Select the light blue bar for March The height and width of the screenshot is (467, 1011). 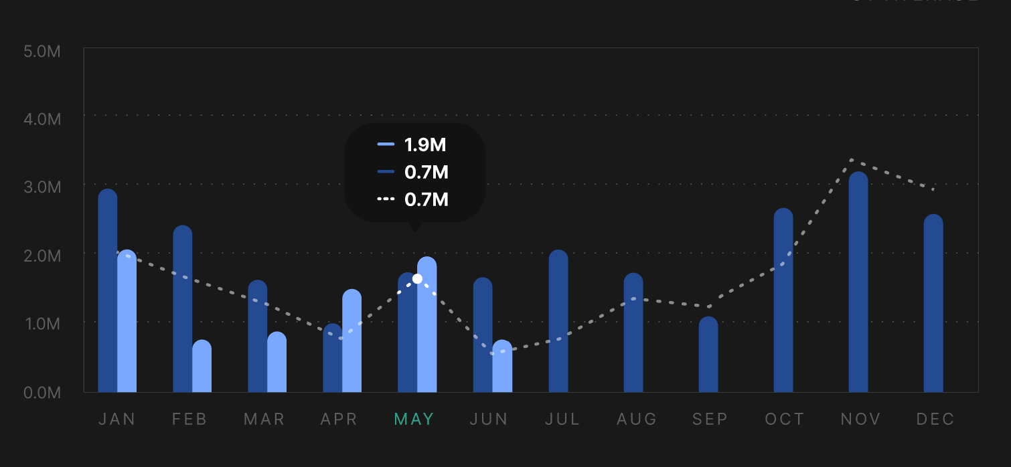tap(277, 363)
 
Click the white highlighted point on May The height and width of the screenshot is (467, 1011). tap(417, 278)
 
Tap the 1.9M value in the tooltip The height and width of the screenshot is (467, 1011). tap(425, 145)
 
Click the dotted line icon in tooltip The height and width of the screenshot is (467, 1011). tap(386, 199)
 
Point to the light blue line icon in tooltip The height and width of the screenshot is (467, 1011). tap(386, 145)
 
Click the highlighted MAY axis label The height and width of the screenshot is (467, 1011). tap(414, 419)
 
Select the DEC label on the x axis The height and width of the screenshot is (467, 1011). tap(935, 419)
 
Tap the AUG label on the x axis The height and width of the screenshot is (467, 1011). tap(636, 419)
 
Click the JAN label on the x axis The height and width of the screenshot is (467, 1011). tap(117, 419)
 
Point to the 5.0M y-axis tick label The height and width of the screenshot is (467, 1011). tap(42, 51)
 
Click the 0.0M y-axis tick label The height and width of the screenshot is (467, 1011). tap(42, 393)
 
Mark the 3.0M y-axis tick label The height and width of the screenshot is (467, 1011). tap(42, 187)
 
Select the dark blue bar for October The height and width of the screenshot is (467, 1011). tap(783, 301)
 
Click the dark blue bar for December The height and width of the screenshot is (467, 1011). tap(933, 304)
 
